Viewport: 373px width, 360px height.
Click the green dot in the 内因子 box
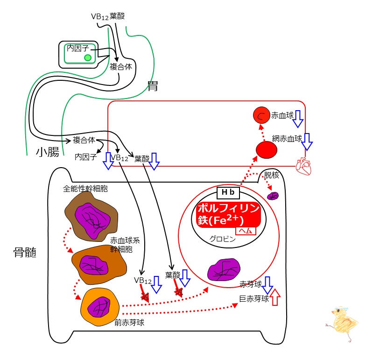(x=88, y=57)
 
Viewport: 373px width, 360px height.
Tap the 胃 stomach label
(x=153, y=86)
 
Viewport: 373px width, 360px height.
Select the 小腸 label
(x=48, y=152)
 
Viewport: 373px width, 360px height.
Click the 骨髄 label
(x=25, y=252)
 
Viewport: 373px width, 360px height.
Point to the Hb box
(x=228, y=192)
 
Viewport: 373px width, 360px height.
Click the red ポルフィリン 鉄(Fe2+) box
(x=229, y=215)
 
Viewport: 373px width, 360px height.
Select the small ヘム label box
(x=246, y=231)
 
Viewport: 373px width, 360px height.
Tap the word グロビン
(x=222, y=239)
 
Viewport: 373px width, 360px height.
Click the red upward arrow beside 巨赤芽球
(x=275, y=296)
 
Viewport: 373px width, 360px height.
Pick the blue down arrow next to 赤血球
(x=298, y=119)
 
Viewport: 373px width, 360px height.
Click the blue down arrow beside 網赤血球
(x=307, y=142)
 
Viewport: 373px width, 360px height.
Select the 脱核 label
(x=271, y=175)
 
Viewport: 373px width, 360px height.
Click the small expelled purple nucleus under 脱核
(x=273, y=196)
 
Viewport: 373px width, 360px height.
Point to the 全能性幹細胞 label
(x=85, y=189)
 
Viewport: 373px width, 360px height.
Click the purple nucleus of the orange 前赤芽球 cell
(x=99, y=307)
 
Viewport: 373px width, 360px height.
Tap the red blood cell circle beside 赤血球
(x=261, y=115)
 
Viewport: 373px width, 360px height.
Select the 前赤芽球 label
(x=129, y=322)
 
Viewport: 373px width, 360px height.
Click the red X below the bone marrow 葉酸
(x=178, y=292)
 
